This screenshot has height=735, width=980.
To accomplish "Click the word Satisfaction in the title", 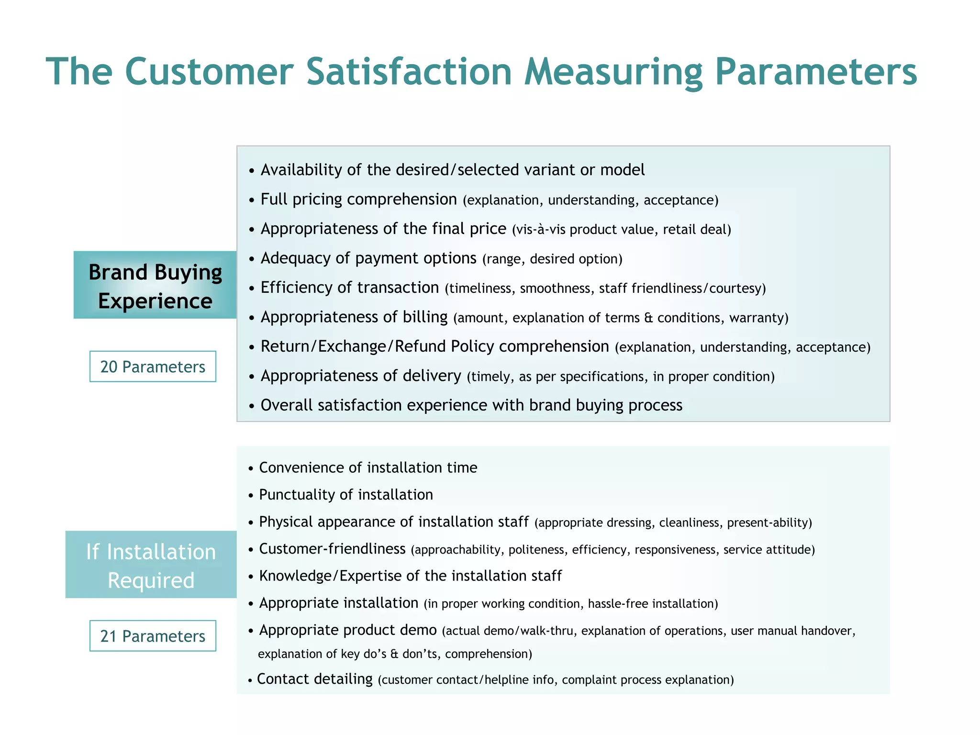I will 409,72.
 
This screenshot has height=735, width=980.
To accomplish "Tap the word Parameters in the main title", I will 816,72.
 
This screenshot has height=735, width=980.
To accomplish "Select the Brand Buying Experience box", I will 155,285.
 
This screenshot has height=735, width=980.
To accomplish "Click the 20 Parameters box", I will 153,367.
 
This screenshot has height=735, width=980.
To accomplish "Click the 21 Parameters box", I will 153,636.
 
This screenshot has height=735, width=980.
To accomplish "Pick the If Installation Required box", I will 151,565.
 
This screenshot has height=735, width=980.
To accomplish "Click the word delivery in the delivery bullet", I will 432,376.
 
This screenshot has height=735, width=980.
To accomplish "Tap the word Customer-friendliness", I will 332,549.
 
